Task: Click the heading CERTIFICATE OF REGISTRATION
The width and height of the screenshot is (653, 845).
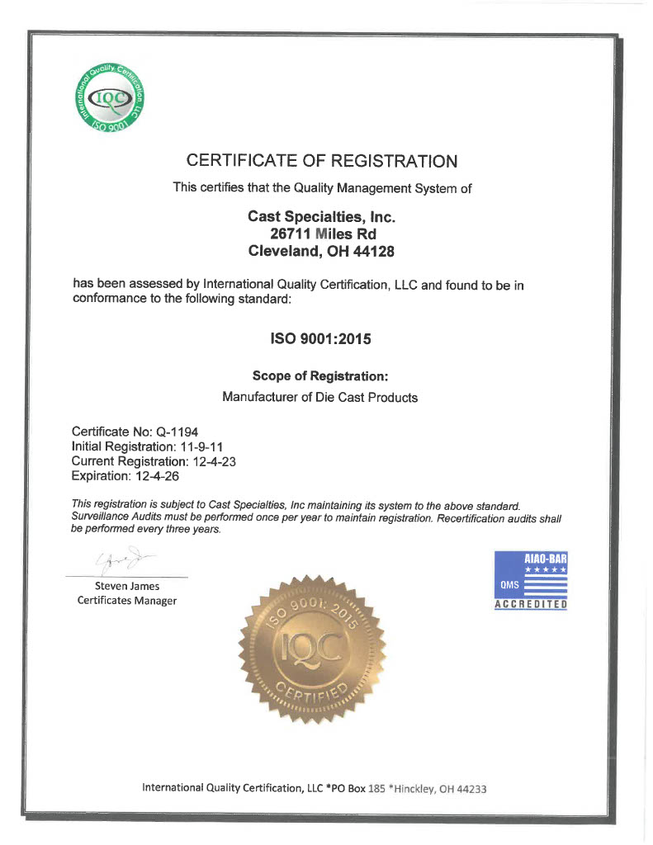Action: tap(321, 160)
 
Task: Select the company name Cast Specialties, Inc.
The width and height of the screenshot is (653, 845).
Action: tap(322, 216)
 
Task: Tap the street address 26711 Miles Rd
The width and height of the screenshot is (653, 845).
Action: tap(322, 234)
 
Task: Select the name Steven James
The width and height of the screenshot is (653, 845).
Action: tap(126, 586)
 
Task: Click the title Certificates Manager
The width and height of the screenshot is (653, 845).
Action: tap(126, 601)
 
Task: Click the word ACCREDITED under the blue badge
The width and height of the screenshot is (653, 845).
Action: tap(530, 604)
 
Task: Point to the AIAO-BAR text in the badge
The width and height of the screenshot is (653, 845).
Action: tap(545, 559)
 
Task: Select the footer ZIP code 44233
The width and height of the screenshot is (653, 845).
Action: tap(471, 788)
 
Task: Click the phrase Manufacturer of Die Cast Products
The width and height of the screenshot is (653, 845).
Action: tap(320, 397)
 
